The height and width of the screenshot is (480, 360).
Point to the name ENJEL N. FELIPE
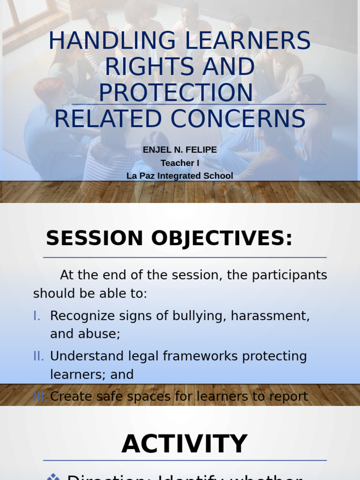180,150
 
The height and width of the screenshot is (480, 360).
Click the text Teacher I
180,163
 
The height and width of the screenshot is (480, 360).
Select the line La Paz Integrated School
180,176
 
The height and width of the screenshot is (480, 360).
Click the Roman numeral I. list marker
37,316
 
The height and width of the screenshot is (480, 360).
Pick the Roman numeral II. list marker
38,356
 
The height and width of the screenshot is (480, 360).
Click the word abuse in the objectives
99,334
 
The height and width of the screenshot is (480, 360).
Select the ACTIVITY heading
184,444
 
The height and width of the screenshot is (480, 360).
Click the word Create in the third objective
67,397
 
